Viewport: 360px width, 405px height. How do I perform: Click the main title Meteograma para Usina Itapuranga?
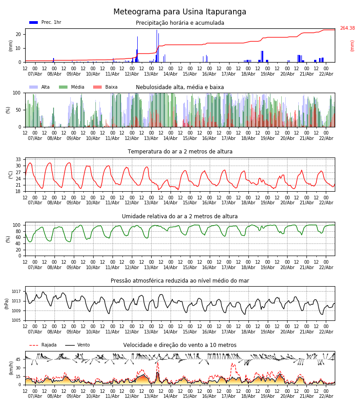(x=180, y=12)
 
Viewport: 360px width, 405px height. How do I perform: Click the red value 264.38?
(x=347, y=28)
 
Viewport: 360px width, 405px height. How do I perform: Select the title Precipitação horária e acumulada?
(x=180, y=23)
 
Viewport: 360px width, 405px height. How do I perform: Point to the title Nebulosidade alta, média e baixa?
(x=180, y=87)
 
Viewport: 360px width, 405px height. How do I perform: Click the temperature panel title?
(x=180, y=152)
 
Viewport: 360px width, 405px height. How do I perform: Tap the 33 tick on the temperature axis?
(x=18, y=160)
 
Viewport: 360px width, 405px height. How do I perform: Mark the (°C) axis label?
(x=11, y=175)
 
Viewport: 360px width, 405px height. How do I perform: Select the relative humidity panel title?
(x=180, y=216)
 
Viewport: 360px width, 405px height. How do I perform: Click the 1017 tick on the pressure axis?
(x=17, y=292)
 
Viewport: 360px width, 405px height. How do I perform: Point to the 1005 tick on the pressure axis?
(x=17, y=320)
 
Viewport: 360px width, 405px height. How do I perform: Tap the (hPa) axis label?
(x=7, y=304)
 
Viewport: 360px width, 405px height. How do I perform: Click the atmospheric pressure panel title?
(x=180, y=281)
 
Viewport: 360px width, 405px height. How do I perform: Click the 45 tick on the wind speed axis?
(x=18, y=360)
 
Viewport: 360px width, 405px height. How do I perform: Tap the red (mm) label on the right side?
(x=352, y=45)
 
